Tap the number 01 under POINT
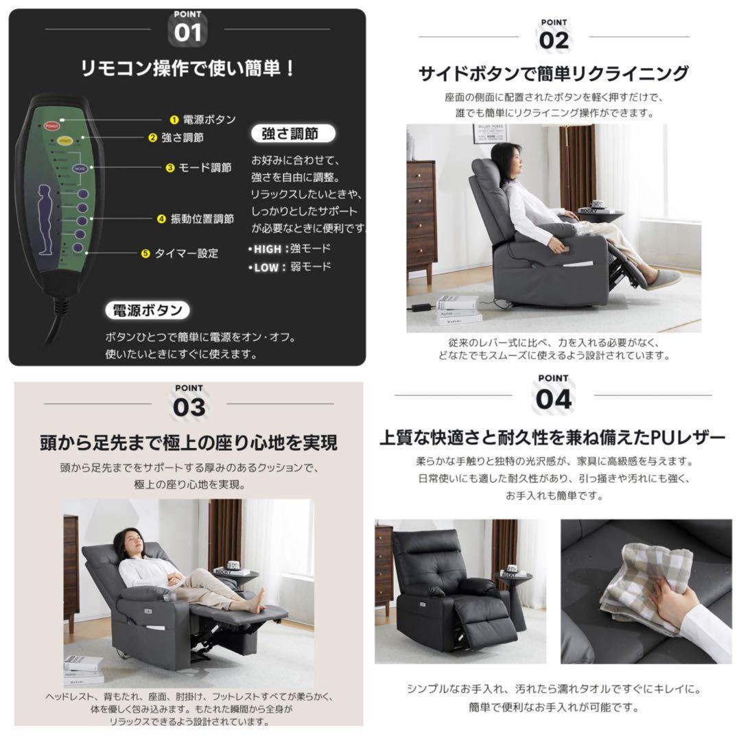pos(187,33)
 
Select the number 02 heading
pos(554,40)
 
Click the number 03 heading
pos(189,407)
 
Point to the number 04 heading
pos(553,399)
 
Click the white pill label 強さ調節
pos(290,134)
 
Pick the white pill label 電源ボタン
pos(148,310)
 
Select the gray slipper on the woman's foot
pos(663,279)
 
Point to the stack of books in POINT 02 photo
pos(458,310)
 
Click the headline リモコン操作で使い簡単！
pos(188,69)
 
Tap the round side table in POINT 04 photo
pos(515,583)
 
